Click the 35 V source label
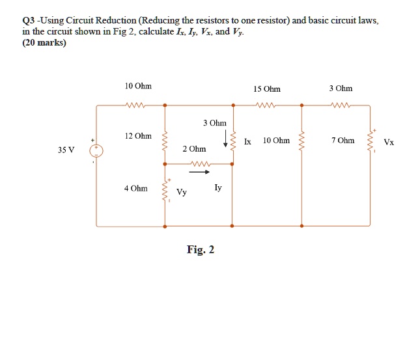tap(66, 150)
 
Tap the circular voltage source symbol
tap(96, 150)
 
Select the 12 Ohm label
tap(138, 136)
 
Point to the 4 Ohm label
tap(135, 189)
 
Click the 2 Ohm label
tap(194, 150)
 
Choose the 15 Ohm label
tap(268, 89)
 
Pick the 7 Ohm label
tap(343, 141)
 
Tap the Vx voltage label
tap(389, 142)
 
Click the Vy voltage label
tap(182, 193)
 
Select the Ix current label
tap(247, 141)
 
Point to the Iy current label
tap(218, 187)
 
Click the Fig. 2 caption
tap(200, 249)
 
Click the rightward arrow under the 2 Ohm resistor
tap(199, 173)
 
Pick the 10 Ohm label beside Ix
tap(276, 141)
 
